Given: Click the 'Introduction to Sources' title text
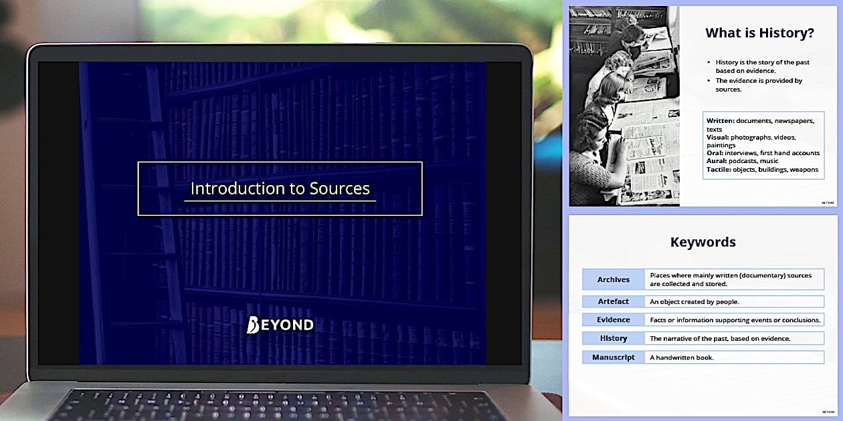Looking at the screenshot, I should [x=280, y=188].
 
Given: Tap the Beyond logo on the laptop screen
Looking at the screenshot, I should [x=280, y=325].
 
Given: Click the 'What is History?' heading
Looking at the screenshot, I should [x=759, y=32].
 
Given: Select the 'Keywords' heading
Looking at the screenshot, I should [x=702, y=242].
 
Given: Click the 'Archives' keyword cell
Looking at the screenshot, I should [x=614, y=279].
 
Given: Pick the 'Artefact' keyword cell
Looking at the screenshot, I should [x=614, y=301].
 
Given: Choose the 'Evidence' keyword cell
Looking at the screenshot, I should [x=614, y=319].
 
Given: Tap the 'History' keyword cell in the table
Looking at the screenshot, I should [x=614, y=338].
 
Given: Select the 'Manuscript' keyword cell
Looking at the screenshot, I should [x=614, y=358].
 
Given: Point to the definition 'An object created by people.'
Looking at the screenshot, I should [x=694, y=301].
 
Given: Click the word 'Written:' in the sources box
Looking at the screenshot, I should [x=721, y=121].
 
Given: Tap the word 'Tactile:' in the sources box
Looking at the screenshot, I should [x=720, y=169].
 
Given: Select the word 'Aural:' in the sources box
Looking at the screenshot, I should [x=717, y=161].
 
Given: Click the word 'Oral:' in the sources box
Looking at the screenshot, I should [x=715, y=153].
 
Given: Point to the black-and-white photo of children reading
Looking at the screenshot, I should [x=624, y=106].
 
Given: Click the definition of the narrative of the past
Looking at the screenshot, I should [x=720, y=338].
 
